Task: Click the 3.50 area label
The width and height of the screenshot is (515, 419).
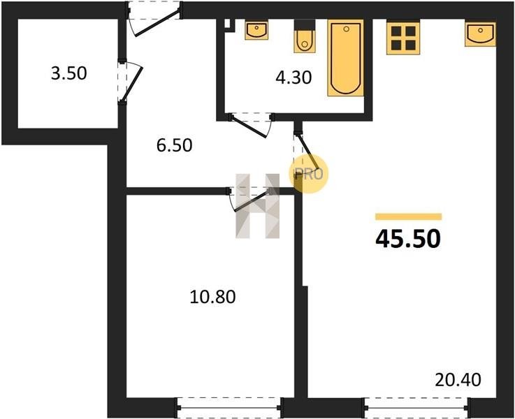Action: (69, 73)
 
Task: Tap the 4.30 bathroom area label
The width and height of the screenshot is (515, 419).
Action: (293, 78)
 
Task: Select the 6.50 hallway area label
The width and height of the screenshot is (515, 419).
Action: (174, 145)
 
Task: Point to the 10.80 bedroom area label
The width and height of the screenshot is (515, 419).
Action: (213, 297)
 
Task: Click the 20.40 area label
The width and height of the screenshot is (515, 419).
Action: (458, 380)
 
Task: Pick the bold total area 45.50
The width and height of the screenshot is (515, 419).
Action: (408, 239)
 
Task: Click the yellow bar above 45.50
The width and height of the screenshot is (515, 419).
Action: (409, 216)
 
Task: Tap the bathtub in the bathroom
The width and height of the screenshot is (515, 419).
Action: (345, 58)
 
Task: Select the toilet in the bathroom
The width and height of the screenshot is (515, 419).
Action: (305, 36)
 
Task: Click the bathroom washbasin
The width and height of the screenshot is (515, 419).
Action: (256, 30)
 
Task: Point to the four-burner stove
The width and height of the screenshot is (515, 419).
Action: (403, 38)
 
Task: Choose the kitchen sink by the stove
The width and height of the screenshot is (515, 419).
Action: (481, 34)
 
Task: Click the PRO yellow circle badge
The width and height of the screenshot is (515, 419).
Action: (308, 174)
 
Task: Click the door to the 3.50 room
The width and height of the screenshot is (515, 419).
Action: (131, 82)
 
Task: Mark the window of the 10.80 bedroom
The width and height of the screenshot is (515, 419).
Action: (229, 408)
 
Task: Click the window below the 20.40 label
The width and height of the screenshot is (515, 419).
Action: (416, 408)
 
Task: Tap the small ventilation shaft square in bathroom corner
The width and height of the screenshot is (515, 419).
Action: (227, 23)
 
